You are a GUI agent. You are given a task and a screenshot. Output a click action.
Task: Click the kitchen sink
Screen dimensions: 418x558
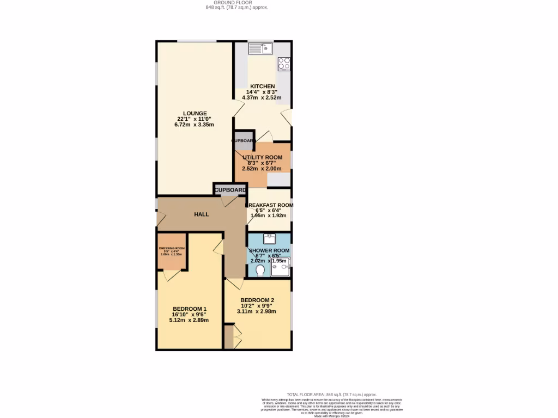(260, 49)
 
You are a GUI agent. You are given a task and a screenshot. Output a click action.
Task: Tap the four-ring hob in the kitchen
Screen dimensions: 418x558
(284, 64)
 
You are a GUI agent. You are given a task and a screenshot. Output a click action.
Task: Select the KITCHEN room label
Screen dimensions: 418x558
(262, 87)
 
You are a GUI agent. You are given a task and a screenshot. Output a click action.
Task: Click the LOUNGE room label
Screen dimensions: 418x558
(195, 113)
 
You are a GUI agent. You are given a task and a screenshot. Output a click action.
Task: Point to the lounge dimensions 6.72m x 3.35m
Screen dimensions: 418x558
(195, 125)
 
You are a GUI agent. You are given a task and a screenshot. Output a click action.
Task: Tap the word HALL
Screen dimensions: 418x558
(202, 214)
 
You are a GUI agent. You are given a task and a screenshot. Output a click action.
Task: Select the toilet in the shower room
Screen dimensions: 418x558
(259, 271)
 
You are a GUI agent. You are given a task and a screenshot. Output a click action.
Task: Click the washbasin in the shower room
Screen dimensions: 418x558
(270, 238)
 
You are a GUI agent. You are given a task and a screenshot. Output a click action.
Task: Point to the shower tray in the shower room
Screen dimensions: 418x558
(281, 266)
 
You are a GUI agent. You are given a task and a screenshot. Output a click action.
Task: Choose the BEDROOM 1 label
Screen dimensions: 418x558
(187, 309)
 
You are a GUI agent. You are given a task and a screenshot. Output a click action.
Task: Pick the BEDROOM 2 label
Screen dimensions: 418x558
(257, 300)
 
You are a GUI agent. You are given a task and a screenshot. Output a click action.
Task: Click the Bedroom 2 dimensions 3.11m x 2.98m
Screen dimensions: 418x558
(258, 312)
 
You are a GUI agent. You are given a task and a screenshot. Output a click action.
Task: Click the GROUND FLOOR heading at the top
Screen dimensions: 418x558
(237, 2)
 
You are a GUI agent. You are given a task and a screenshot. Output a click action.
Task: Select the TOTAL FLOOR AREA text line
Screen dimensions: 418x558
(331, 395)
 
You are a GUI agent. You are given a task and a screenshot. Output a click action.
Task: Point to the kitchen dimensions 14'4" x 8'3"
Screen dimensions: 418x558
(262, 92)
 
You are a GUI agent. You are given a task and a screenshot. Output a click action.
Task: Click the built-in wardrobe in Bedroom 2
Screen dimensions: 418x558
(229, 337)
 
